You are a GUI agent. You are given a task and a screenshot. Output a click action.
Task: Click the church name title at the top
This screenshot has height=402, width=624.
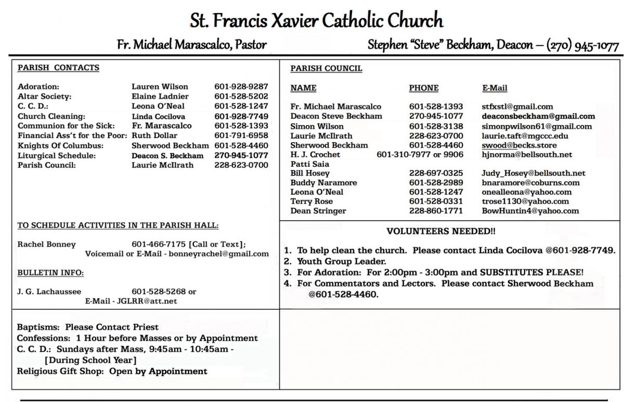(316, 21)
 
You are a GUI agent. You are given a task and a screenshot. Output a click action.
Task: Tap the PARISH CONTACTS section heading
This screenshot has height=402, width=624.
(58, 68)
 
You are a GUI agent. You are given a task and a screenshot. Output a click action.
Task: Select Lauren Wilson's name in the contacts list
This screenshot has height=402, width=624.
(160, 86)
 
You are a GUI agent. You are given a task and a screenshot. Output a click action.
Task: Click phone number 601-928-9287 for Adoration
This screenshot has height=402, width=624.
(241, 86)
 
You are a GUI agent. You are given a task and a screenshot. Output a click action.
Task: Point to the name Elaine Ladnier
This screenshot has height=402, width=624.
(160, 96)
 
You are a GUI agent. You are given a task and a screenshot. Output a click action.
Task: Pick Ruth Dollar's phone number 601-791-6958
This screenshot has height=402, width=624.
(241, 135)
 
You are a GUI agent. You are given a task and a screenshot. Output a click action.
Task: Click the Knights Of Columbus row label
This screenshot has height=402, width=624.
(60, 145)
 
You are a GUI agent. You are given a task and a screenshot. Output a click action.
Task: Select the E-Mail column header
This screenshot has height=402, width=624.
(495, 88)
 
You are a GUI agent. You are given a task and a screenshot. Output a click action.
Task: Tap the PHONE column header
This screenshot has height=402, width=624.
(423, 88)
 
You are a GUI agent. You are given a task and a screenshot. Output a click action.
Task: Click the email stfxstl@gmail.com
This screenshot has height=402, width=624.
(517, 107)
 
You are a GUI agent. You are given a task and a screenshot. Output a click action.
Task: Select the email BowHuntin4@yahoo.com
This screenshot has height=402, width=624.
(530, 211)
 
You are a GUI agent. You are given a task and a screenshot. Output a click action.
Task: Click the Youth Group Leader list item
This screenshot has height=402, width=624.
(341, 261)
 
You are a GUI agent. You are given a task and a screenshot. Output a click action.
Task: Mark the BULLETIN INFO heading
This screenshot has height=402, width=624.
(50, 272)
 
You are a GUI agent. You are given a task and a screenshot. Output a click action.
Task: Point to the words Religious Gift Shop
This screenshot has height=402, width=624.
(60, 371)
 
